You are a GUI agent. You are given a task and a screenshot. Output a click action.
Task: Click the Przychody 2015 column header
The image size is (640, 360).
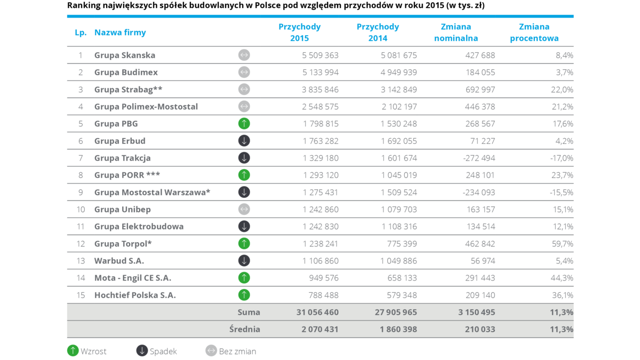pos(299,33)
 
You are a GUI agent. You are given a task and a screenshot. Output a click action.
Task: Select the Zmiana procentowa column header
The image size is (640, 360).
pos(534,33)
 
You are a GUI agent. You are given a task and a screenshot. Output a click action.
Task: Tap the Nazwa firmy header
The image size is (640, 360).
pos(120,33)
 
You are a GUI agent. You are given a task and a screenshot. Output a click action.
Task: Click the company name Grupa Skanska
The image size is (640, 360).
pos(125,55)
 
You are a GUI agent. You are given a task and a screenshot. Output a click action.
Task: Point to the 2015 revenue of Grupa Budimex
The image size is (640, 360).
pos(320,73)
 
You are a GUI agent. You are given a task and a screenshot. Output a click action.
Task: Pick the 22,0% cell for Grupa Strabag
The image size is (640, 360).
pos(562,90)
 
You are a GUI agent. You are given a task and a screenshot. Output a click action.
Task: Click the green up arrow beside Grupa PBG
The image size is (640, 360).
pos(244,124)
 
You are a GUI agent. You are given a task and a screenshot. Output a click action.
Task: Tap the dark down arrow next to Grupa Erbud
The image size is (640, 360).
pos(244,141)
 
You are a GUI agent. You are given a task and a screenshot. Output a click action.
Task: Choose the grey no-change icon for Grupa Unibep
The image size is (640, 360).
pos(244,210)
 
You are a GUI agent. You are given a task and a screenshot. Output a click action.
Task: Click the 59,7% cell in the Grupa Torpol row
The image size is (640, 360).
pos(562,244)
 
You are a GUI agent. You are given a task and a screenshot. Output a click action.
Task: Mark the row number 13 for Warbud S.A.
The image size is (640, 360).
pos(81,261)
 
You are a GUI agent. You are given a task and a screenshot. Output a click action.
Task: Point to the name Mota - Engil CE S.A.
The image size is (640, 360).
pos(133,278)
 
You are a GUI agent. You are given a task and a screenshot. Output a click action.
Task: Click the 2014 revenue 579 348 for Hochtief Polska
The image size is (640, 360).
pos(398,295)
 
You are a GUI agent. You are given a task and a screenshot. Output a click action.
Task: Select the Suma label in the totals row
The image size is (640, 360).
pos(249,312)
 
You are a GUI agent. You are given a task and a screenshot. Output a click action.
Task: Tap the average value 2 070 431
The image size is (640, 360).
pos(320,330)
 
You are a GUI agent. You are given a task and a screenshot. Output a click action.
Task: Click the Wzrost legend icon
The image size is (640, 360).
pos(73,351)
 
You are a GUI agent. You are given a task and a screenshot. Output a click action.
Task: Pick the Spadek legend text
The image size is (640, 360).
pos(163,351)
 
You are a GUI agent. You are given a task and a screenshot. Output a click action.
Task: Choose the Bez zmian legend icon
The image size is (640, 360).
pos(211,351)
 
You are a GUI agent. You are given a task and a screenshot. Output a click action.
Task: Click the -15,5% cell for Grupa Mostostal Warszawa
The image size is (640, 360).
pos(561,193)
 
